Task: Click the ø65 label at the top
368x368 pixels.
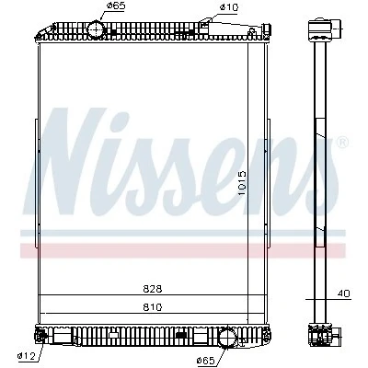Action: click(x=116, y=6)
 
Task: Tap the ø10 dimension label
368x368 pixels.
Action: click(x=228, y=7)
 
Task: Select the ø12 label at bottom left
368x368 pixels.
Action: click(x=27, y=357)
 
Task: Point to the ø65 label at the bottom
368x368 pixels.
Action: click(x=205, y=361)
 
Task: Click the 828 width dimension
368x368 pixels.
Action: click(x=153, y=289)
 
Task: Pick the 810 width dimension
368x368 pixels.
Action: click(x=153, y=307)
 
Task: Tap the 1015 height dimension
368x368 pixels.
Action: click(x=242, y=184)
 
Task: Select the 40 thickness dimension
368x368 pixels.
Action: click(x=343, y=293)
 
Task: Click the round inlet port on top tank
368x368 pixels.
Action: click(x=97, y=29)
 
